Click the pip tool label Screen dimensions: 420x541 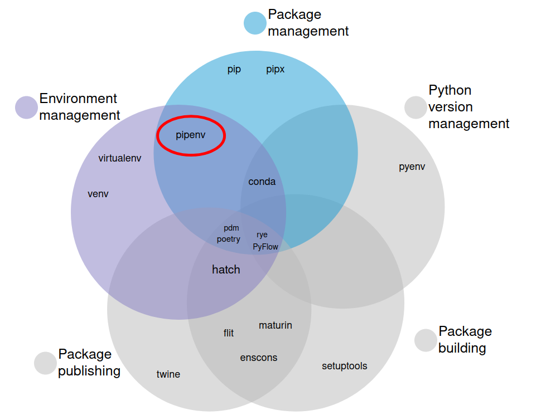point(234,70)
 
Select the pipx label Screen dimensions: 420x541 point(275,70)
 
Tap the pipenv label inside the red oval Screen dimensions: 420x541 point(191,135)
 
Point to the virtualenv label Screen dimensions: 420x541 point(120,158)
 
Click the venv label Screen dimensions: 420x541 point(98,194)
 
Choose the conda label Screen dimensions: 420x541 point(262,182)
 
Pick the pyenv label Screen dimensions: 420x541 point(412,167)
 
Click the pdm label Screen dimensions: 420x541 point(231,228)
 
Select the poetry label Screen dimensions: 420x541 point(229,239)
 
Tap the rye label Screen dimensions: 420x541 point(262,235)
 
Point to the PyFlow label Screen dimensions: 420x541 point(265,246)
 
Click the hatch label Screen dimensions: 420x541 point(226,270)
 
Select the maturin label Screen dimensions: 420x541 point(276,325)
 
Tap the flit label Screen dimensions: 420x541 point(229,333)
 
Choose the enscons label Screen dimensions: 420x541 point(259,358)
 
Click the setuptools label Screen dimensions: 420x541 point(345,366)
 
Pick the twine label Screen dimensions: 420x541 point(168,374)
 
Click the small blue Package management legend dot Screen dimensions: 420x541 point(255,23)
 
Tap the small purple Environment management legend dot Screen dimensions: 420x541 point(26,108)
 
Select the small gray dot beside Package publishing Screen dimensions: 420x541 point(45,363)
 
